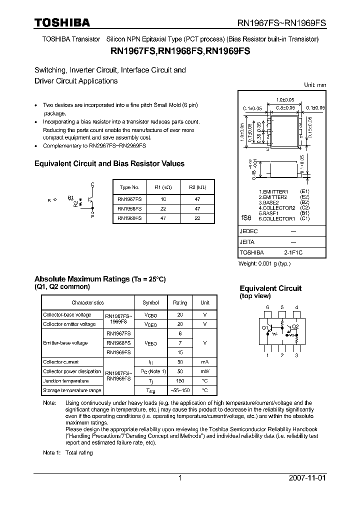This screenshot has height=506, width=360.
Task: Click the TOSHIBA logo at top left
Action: pyautogui.click(x=61, y=23)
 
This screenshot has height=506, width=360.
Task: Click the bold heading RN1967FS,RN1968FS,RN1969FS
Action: pyautogui.click(x=180, y=51)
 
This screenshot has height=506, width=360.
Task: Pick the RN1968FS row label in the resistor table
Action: pyautogui.click(x=129, y=208)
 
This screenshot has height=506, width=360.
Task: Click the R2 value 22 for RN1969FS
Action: pyautogui.click(x=197, y=218)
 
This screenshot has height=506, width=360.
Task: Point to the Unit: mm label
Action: pyautogui.click(x=315, y=85)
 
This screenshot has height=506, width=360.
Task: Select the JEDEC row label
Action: pyautogui.click(x=248, y=231)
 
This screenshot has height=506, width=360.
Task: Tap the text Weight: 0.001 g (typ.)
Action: pyautogui.click(x=264, y=263)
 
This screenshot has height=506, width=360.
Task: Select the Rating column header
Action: pyautogui.click(x=180, y=303)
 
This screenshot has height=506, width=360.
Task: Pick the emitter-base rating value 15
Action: pyautogui.click(x=180, y=352)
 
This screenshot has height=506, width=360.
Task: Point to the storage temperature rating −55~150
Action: pyautogui.click(x=180, y=390)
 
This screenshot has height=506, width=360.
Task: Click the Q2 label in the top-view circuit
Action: pyautogui.click(x=295, y=326)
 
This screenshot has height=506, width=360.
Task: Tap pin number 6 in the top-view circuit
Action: pyautogui.click(x=267, y=307)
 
